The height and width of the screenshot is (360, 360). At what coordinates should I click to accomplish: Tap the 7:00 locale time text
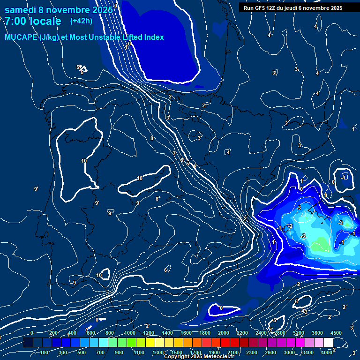(x=33, y=22)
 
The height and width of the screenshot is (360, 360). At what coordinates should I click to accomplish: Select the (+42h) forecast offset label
(x=81, y=21)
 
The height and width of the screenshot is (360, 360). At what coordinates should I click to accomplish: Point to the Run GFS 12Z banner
(x=292, y=8)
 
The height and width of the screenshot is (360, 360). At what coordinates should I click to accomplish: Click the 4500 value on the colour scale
(x=336, y=333)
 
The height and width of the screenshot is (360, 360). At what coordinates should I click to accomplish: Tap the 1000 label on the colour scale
(x=129, y=333)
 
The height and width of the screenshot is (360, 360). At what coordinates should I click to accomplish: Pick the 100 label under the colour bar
(x=45, y=352)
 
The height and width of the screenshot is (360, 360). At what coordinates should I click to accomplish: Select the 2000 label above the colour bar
(x=223, y=333)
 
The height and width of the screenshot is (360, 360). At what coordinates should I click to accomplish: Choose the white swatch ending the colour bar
(x=328, y=343)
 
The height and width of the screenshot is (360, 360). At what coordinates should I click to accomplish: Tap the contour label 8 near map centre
(x=152, y=139)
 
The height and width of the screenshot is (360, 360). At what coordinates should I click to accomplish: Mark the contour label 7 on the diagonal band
(x=174, y=154)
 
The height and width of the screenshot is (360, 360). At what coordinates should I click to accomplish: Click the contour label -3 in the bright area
(x=299, y=208)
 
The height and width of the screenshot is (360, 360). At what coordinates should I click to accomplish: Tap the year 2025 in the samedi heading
(x=102, y=10)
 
